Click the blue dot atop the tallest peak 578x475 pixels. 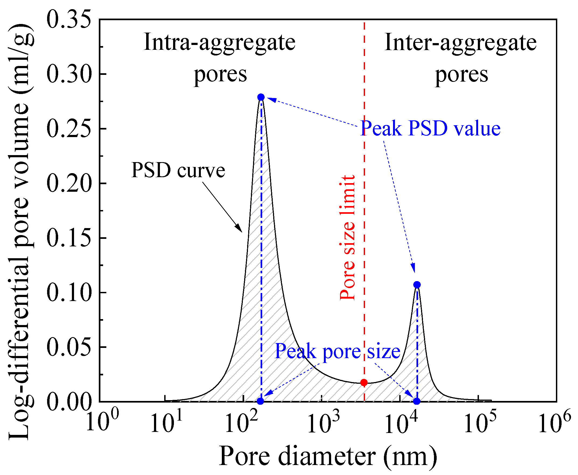[x=261, y=97]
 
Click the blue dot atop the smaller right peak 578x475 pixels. [x=417, y=285]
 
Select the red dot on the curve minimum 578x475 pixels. [x=364, y=383]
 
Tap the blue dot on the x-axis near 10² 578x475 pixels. [x=260, y=401]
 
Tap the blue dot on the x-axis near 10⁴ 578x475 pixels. [x=417, y=401]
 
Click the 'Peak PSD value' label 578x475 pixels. [x=430, y=128]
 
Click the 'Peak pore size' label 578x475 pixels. [x=338, y=351]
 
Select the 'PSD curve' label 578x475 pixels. [x=178, y=170]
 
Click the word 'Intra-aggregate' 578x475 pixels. [x=219, y=43]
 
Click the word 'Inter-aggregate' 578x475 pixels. [x=460, y=43]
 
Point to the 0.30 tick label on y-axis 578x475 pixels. [x=69, y=74]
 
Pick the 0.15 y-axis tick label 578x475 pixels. [x=69, y=238]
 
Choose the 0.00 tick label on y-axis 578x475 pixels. [x=69, y=402]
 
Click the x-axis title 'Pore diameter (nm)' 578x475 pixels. [x=328, y=456]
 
